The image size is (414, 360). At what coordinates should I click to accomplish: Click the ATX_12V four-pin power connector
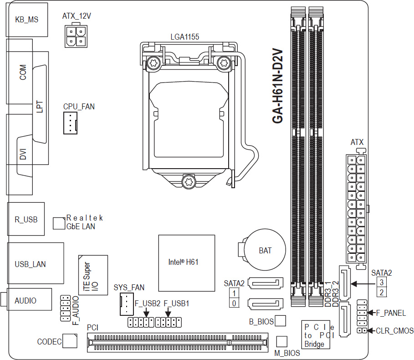[76, 36]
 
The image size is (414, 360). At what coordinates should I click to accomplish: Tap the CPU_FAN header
[70, 123]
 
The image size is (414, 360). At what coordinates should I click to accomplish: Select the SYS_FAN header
[127, 304]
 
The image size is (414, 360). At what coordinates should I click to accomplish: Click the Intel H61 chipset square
[187, 263]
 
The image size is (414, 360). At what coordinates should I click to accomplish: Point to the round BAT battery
[265, 250]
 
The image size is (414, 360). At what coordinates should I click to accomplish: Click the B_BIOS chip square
[281, 321]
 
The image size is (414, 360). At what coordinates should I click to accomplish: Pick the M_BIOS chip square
[282, 341]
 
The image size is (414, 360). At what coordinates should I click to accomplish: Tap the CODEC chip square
[71, 341]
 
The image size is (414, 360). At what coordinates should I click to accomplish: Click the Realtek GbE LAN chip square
[59, 223]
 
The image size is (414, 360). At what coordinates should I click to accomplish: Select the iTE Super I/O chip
[93, 275]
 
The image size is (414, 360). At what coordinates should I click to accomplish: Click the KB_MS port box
[27, 20]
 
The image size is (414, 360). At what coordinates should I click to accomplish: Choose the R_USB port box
[26, 219]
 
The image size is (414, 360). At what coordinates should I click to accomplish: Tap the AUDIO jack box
[29, 299]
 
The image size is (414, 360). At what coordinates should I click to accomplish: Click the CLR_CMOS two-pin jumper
[362, 330]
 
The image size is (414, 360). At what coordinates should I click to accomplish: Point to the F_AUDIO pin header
[66, 308]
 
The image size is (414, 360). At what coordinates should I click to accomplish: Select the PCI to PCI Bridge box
[316, 335]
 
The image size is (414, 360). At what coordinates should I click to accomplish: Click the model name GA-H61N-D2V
[277, 86]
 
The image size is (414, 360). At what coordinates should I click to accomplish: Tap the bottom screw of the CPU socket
[189, 182]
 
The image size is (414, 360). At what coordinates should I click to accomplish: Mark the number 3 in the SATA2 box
[381, 283]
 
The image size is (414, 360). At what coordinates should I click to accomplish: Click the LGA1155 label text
[185, 37]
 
